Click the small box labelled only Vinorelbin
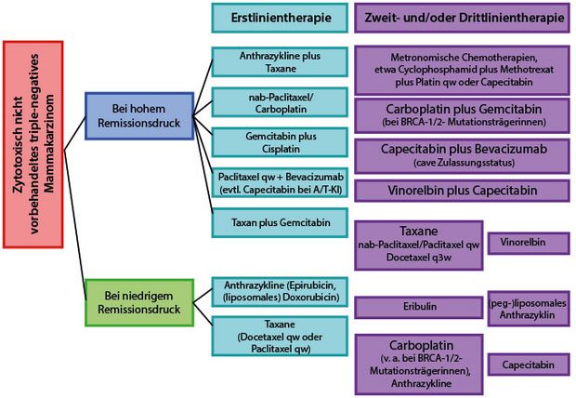[x=528, y=241]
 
